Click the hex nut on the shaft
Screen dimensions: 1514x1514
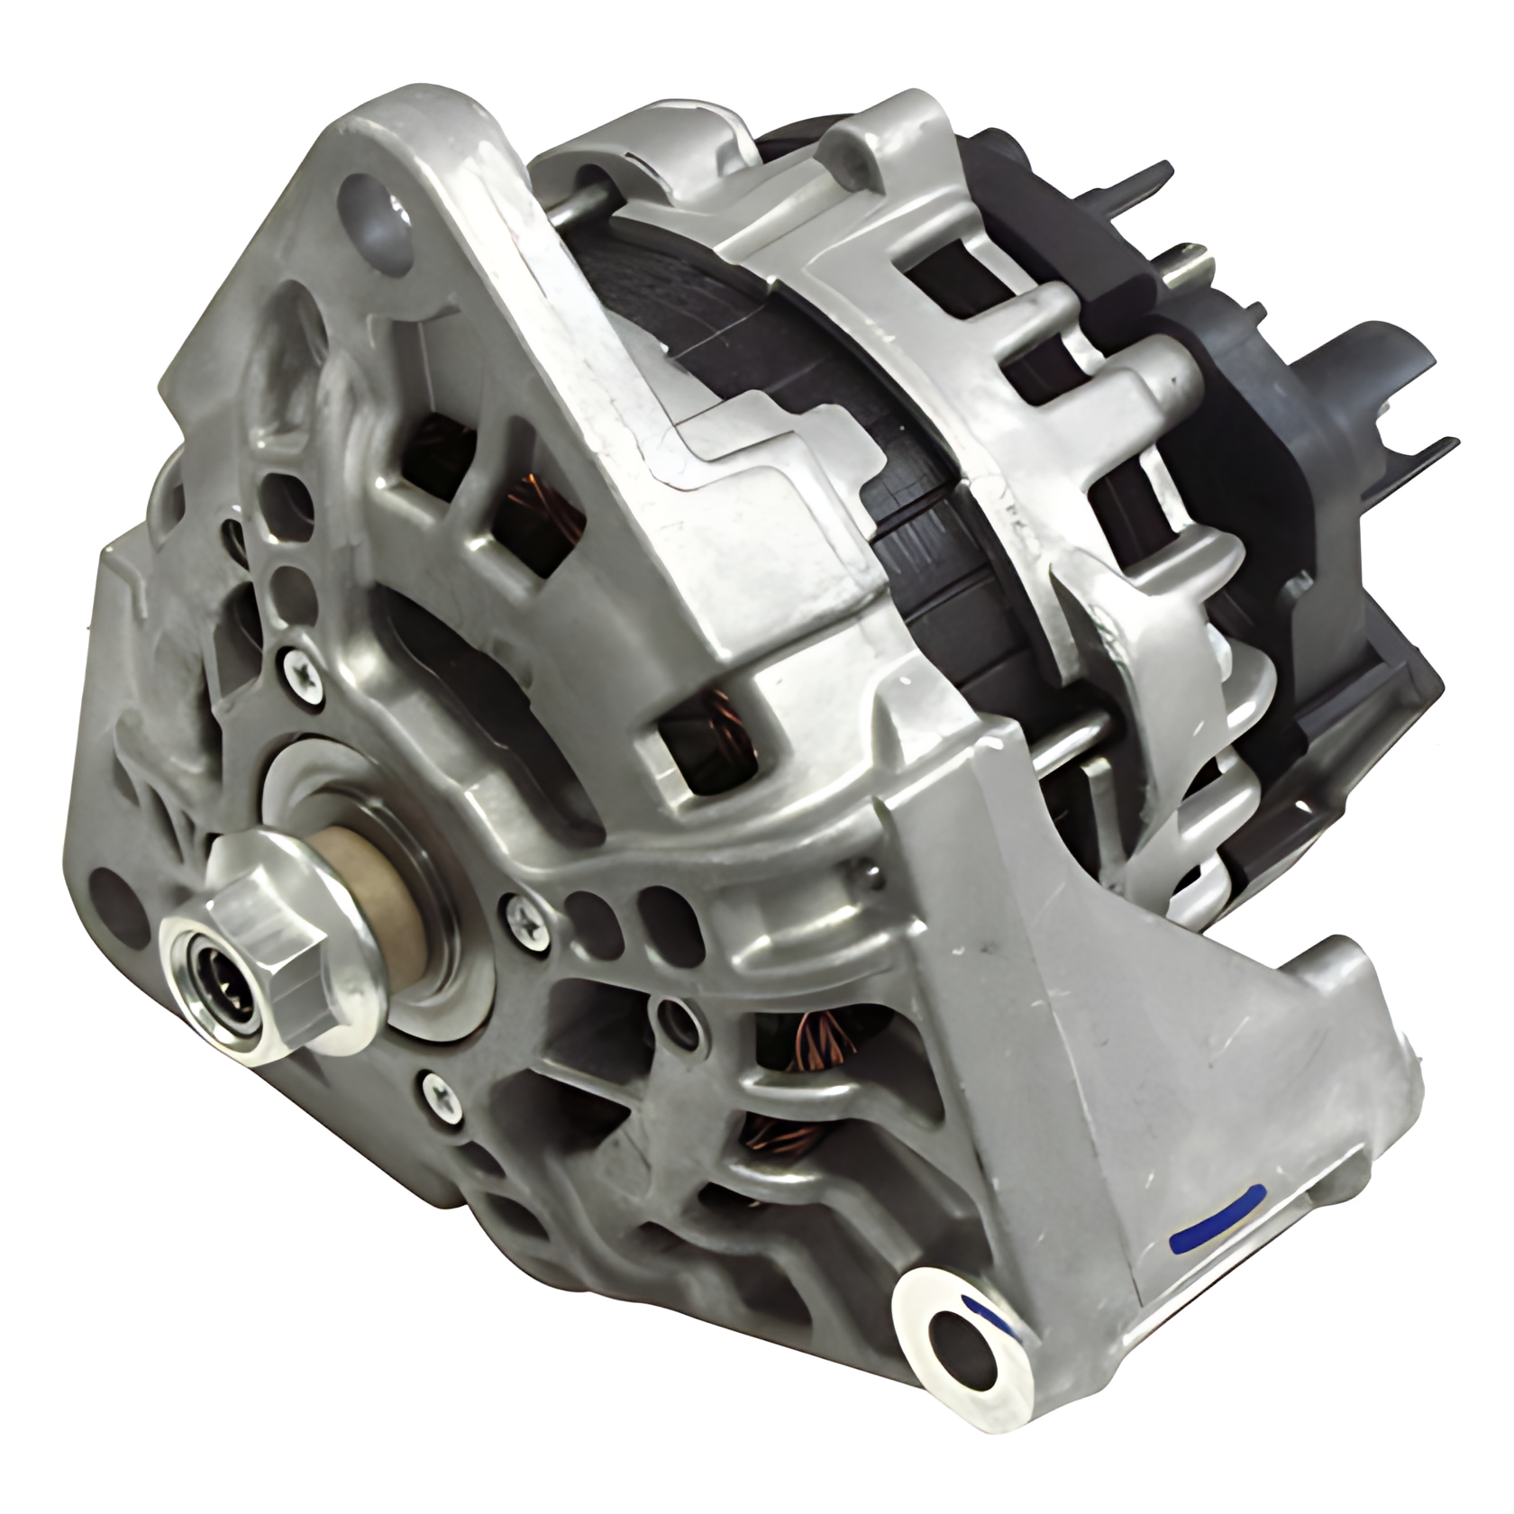tap(270, 937)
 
